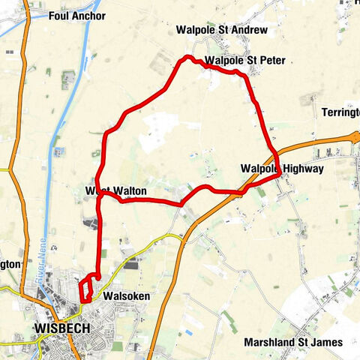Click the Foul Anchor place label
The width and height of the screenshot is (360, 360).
76,16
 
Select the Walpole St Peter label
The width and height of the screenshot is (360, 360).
244,60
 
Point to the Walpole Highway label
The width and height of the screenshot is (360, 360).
282,169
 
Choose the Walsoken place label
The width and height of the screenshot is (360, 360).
127,296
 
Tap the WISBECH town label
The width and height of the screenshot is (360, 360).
63,328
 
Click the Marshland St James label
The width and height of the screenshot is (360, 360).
293,342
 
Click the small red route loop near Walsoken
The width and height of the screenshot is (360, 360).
87,289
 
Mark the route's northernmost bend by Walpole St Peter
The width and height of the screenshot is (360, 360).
188,58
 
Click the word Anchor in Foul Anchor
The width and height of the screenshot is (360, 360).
89,16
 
